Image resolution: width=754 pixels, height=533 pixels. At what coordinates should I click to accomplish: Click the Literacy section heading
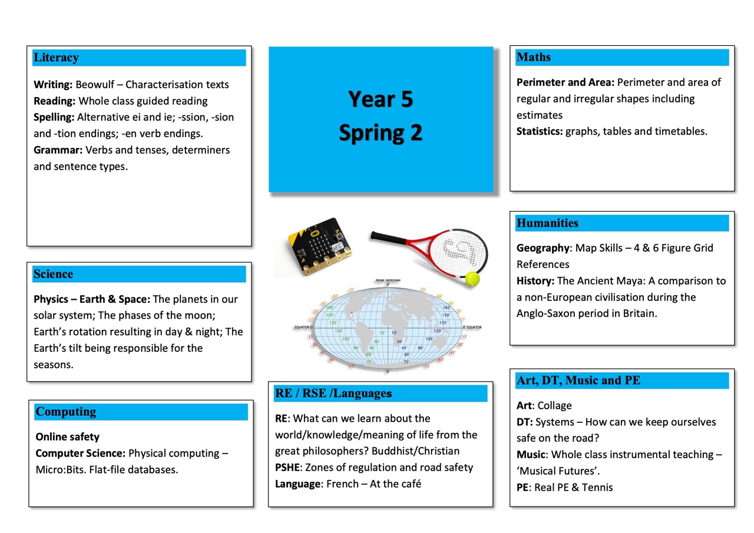click(x=56, y=58)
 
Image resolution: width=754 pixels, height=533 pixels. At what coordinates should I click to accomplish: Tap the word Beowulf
click(x=98, y=85)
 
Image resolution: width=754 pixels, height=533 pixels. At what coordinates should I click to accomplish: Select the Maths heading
click(x=534, y=57)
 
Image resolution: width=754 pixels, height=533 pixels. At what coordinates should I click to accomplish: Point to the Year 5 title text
click(x=380, y=99)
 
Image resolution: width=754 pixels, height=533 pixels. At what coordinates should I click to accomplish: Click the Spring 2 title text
click(x=380, y=133)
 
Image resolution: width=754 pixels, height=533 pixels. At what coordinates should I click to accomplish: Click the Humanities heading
click(x=547, y=223)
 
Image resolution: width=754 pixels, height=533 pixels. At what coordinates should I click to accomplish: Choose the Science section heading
click(x=54, y=274)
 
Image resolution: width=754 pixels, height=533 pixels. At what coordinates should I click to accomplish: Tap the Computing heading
click(x=65, y=412)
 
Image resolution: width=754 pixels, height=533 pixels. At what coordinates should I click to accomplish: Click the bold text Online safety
click(x=68, y=437)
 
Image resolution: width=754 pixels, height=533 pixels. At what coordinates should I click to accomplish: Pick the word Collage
click(x=554, y=406)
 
